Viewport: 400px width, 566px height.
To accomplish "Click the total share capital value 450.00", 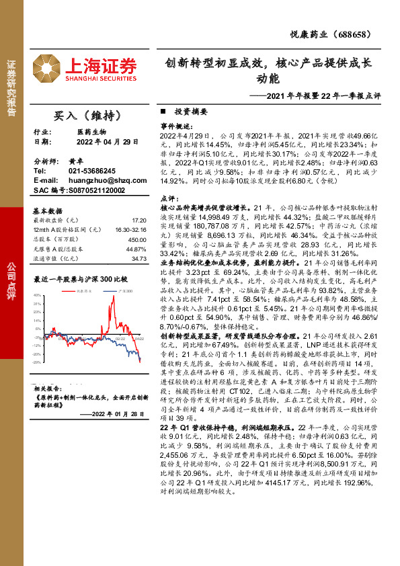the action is coord(137,239).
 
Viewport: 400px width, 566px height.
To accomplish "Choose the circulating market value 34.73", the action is coord(138,258).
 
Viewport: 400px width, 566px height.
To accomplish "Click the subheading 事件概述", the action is coord(177,126).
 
